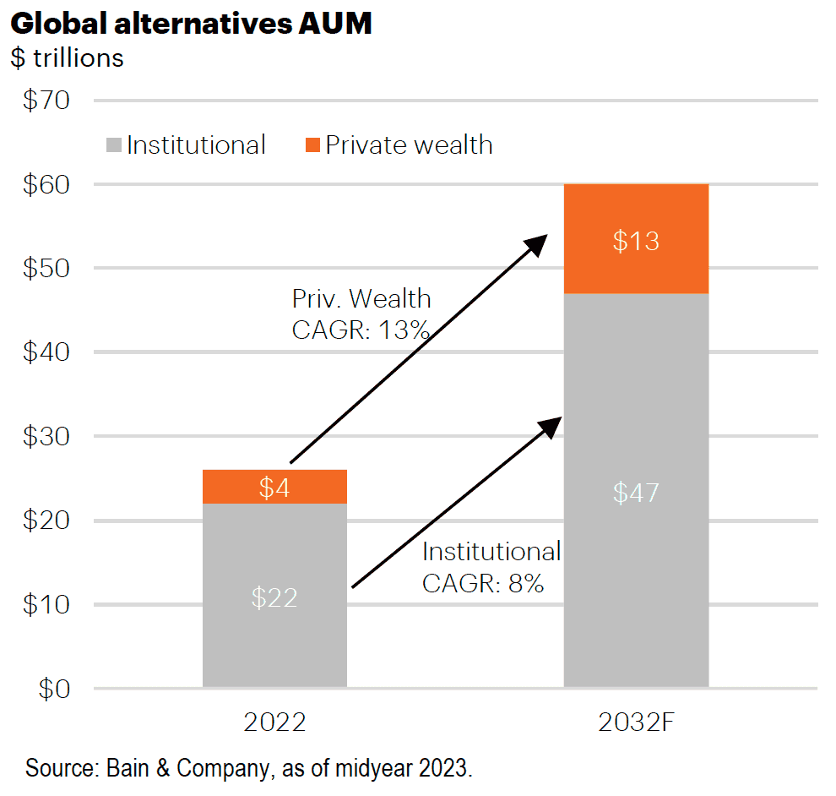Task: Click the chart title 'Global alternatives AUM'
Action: coord(191,24)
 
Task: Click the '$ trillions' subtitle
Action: coord(68,58)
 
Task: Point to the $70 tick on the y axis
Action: coord(46,100)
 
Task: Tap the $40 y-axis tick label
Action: coord(46,352)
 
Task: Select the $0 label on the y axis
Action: coord(54,689)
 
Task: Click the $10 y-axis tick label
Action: coord(46,604)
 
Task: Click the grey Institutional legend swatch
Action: coord(113,145)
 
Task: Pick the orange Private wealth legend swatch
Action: coord(312,145)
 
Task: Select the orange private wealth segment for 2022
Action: coord(274,487)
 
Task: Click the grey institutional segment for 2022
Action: coord(274,596)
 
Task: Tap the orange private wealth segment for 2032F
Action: coord(636,239)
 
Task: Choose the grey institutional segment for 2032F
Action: coord(636,490)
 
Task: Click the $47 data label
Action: coord(636,493)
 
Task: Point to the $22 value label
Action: coord(274,597)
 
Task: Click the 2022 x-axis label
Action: coord(274,722)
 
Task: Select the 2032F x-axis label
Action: coord(636,722)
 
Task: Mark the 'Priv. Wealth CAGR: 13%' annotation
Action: coord(361,314)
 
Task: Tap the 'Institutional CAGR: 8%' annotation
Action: coord(491,567)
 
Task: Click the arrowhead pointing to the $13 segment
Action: coord(537,244)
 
